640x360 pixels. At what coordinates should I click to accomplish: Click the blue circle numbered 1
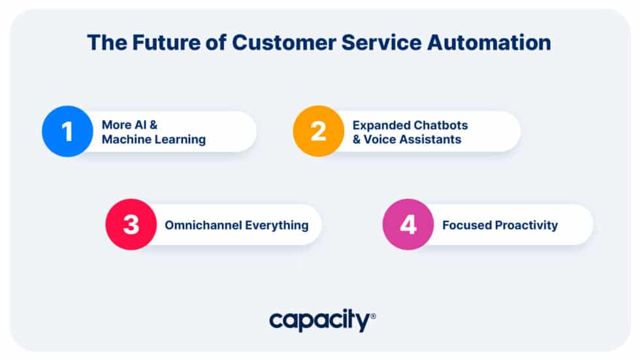pos(67,131)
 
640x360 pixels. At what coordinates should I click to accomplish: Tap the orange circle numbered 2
pos(318,131)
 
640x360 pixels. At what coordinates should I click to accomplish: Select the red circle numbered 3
pos(131,225)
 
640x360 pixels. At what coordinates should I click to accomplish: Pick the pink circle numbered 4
pos(408,225)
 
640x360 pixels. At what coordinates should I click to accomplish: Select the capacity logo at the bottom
pos(319,321)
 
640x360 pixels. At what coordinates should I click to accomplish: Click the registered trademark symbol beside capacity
pos(373,316)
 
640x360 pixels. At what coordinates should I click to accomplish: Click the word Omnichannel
pos(202,225)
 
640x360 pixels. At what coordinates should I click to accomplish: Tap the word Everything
pos(276,225)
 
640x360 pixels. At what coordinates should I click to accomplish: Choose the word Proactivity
pos(526,225)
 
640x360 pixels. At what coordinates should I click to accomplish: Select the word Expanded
pos(380,125)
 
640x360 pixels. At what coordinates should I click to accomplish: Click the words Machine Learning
pos(153,139)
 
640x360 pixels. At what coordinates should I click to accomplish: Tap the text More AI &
pos(130,125)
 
